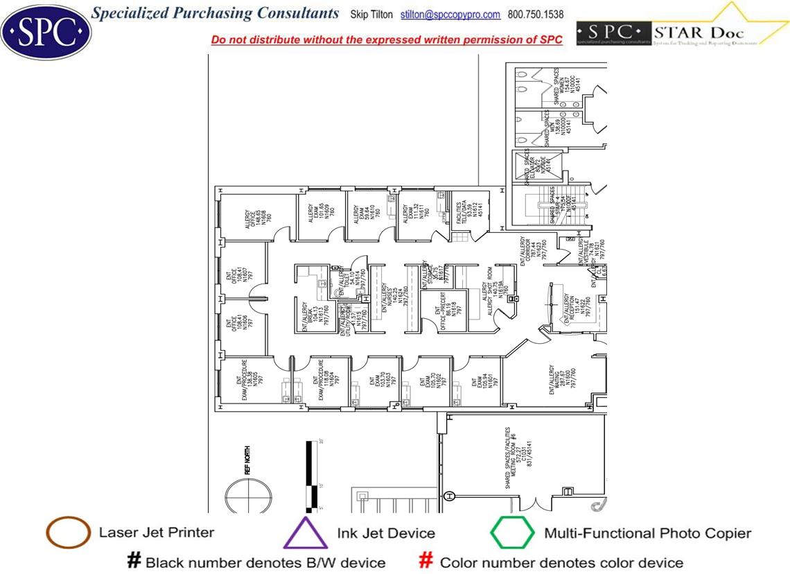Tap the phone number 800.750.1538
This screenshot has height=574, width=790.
tap(536, 15)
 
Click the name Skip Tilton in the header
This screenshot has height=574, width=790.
tap(371, 15)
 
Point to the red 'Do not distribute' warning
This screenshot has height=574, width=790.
tap(386, 40)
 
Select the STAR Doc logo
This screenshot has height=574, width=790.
tap(682, 32)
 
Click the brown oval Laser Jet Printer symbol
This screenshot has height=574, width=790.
tap(68, 533)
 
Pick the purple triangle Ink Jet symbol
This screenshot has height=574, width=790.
tap(306, 534)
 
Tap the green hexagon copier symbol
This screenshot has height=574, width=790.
tap(512, 533)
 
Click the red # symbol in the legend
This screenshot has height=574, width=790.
tap(427, 561)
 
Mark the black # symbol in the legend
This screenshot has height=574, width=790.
tap(134, 561)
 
